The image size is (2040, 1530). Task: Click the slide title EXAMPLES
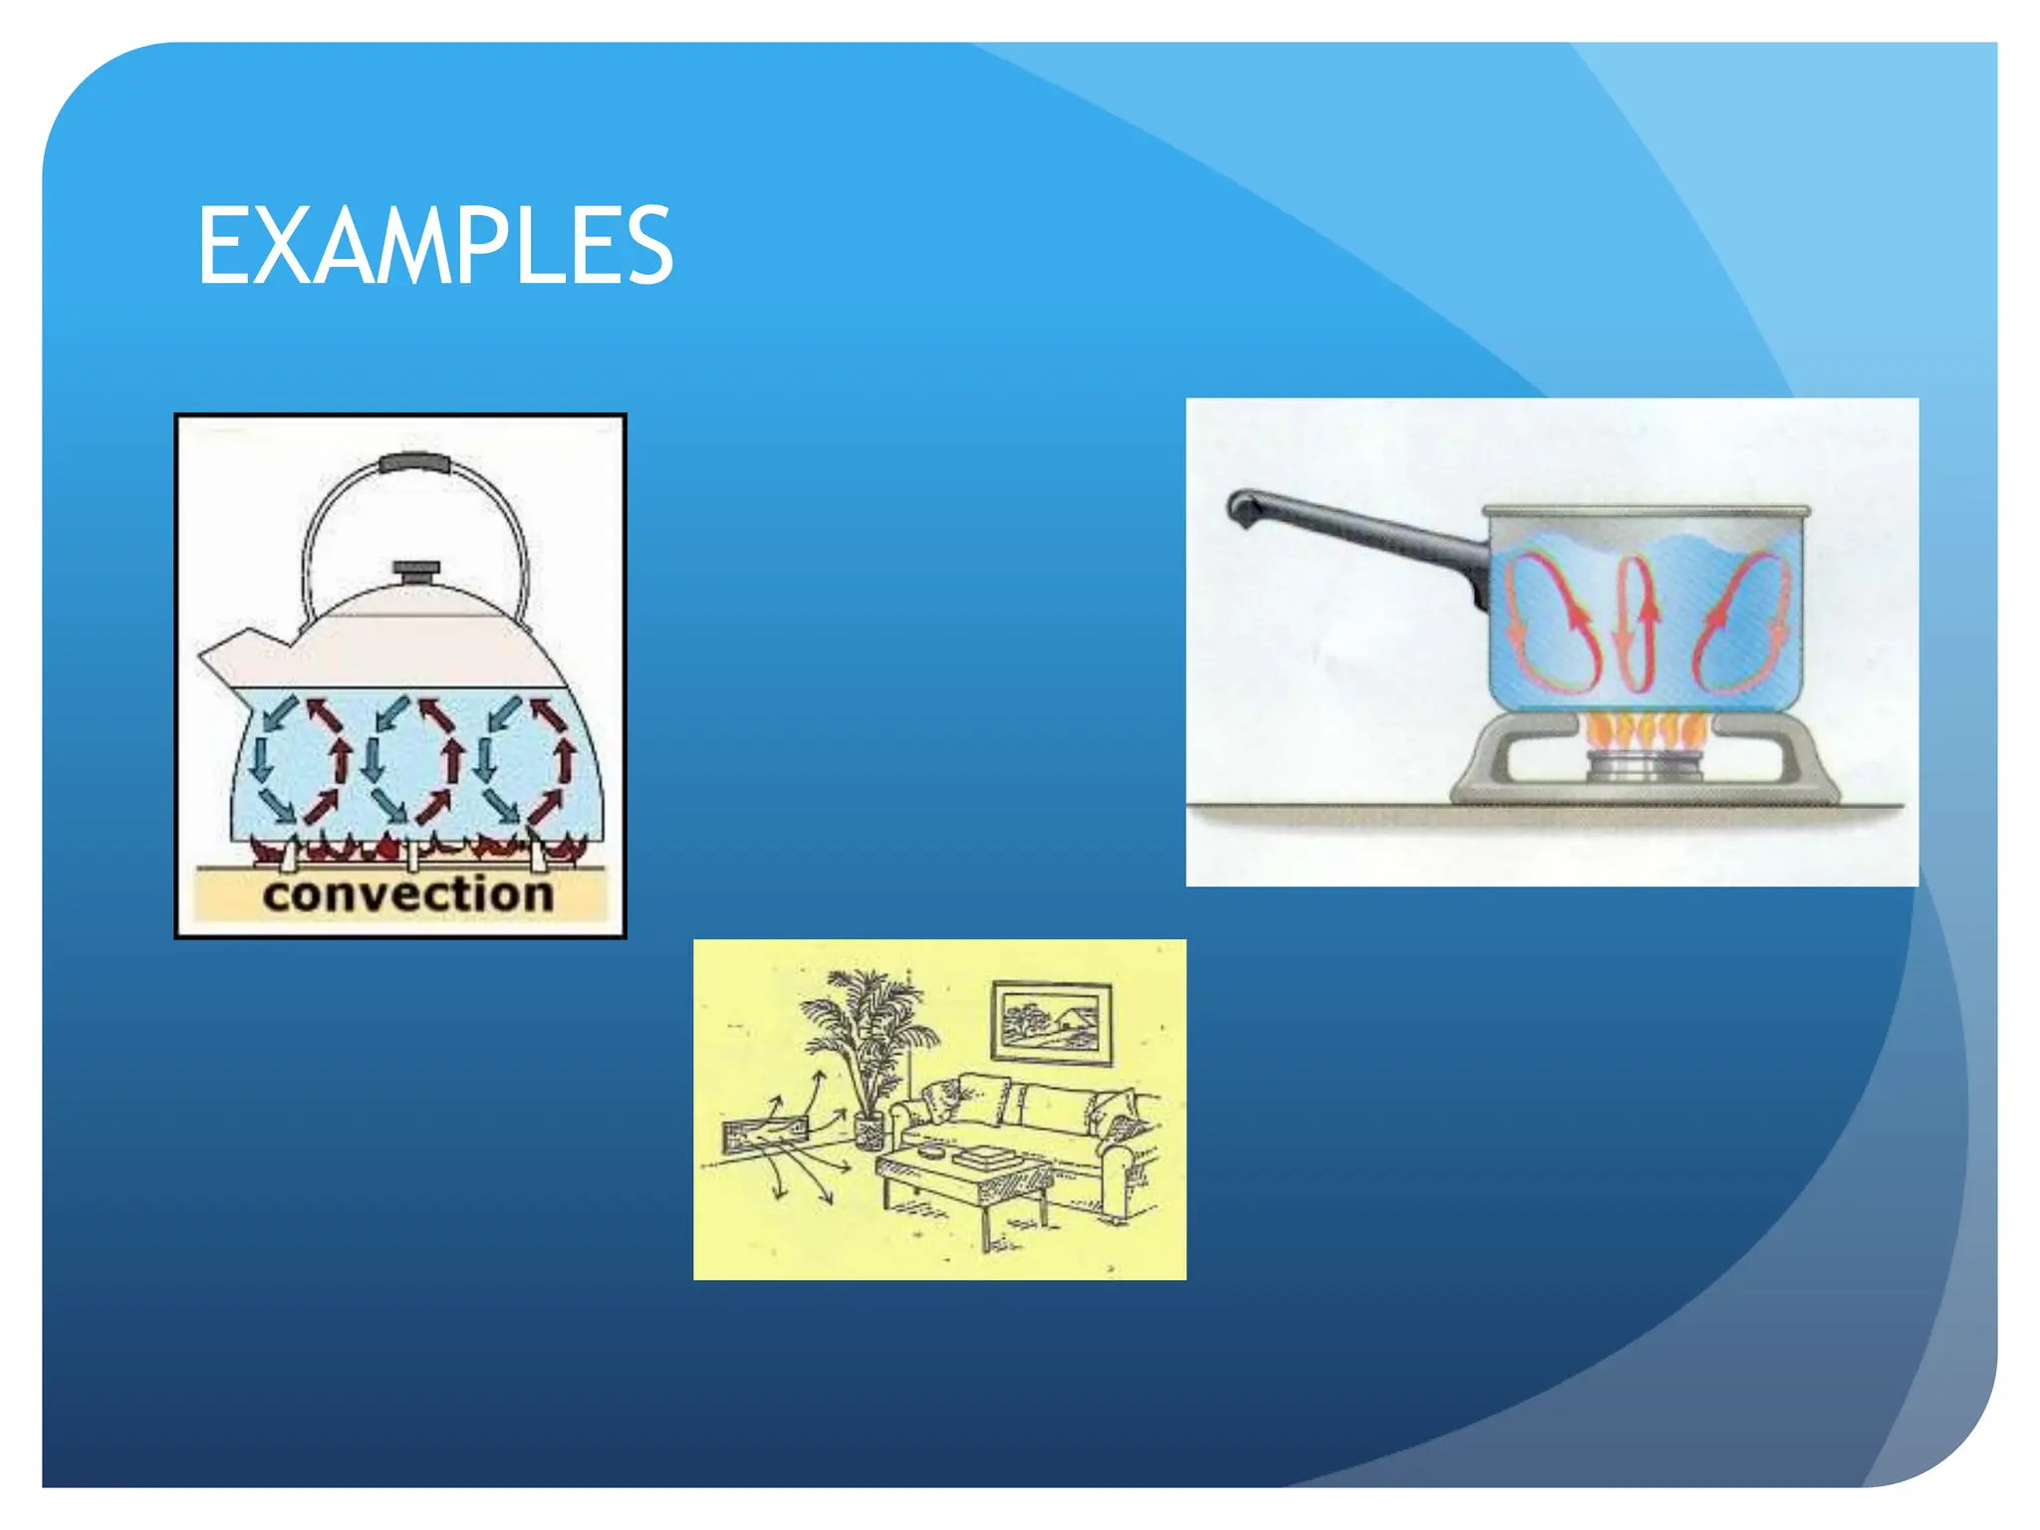click(x=435, y=246)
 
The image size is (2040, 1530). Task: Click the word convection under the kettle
click(x=407, y=893)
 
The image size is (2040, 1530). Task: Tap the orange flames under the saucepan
click(x=1645, y=732)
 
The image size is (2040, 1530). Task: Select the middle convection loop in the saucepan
click(x=1637, y=625)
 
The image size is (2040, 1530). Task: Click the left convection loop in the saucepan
click(x=1551, y=625)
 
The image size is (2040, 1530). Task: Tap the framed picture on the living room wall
click(x=1052, y=1023)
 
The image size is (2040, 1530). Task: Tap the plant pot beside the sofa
click(x=870, y=1132)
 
